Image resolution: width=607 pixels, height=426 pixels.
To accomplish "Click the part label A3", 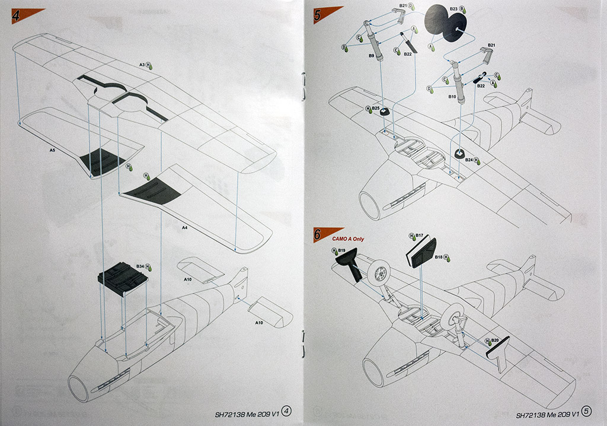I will (x=142, y=65).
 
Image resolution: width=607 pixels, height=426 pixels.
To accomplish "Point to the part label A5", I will (x=53, y=151).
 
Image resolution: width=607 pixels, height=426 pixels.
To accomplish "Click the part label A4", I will (x=184, y=227).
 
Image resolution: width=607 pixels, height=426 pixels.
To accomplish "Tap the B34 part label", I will (x=140, y=267).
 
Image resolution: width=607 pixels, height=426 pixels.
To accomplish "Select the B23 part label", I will (x=453, y=9).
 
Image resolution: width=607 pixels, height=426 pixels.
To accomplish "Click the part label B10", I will (x=452, y=96).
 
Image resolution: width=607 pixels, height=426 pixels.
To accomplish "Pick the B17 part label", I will (x=418, y=236).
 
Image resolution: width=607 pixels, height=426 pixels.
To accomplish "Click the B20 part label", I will (x=495, y=341).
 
